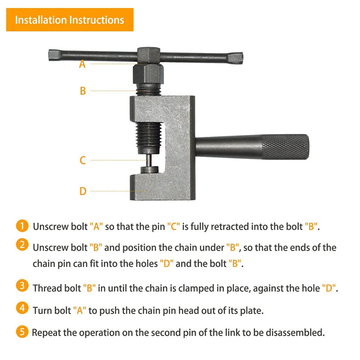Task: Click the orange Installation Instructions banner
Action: point(70,20)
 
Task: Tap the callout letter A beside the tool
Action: point(82,64)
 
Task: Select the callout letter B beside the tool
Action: point(82,91)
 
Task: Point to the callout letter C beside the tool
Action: point(82,160)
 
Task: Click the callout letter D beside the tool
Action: point(82,191)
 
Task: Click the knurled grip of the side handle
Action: point(285,146)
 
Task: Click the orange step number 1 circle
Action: point(21,226)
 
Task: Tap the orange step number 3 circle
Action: point(21,287)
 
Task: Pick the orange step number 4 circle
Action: point(21,309)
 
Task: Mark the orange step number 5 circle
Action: point(21,333)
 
